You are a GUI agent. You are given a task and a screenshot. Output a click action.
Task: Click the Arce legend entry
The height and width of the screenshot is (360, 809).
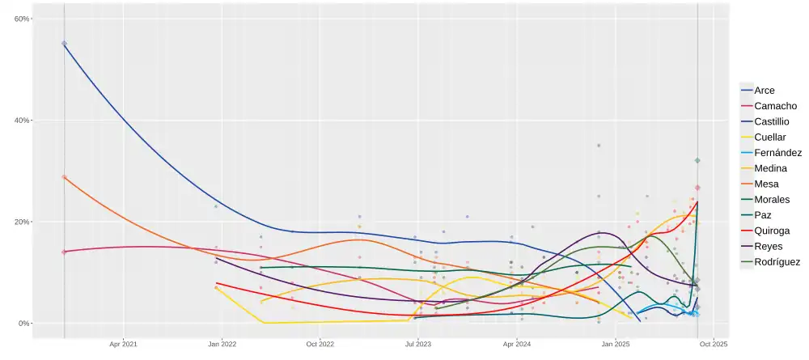pos(764,91)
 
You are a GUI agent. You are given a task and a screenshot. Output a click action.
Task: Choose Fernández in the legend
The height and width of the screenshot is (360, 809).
pos(777,153)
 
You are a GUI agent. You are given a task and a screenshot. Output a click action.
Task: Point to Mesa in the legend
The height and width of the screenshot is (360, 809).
pos(765,184)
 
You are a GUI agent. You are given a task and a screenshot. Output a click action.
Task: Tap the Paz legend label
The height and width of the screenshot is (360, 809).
pos(762,215)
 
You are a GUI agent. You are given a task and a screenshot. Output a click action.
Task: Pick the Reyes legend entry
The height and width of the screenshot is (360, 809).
pos(768,246)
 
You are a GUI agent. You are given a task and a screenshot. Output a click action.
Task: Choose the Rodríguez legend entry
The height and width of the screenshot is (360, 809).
pos(777,262)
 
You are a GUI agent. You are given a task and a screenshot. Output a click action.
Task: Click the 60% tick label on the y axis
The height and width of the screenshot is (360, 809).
pos(22,19)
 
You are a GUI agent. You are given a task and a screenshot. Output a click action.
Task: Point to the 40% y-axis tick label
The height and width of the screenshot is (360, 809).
pos(22,121)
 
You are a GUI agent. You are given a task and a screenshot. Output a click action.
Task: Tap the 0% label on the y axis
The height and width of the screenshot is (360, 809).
pos(24,324)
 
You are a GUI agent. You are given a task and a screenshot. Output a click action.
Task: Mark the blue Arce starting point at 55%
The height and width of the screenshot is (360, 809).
pos(64,44)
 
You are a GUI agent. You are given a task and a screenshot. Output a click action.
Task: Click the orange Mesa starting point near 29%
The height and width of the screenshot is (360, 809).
pos(64,177)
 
